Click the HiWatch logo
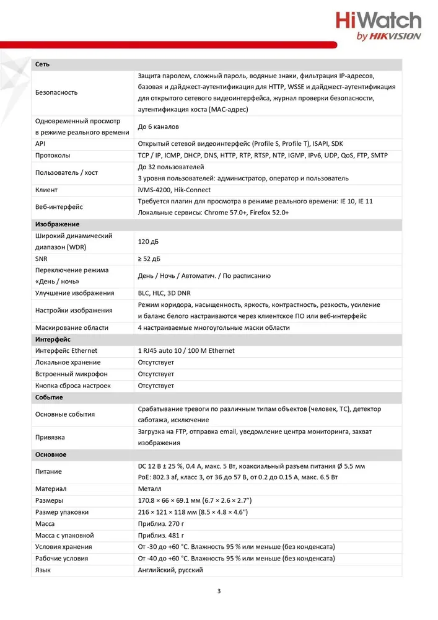378,27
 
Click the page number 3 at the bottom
219,590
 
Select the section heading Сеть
43,64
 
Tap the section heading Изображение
57,224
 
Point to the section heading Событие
49,397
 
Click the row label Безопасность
56,92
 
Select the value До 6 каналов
159,126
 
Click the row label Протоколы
53,155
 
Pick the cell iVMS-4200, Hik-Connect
174,190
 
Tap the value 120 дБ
148,241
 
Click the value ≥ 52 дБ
149,259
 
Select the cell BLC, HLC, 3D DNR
164,293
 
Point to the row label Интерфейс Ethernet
66,351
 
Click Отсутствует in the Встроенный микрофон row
155,374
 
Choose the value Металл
151,489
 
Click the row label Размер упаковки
62,512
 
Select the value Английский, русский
170,570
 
